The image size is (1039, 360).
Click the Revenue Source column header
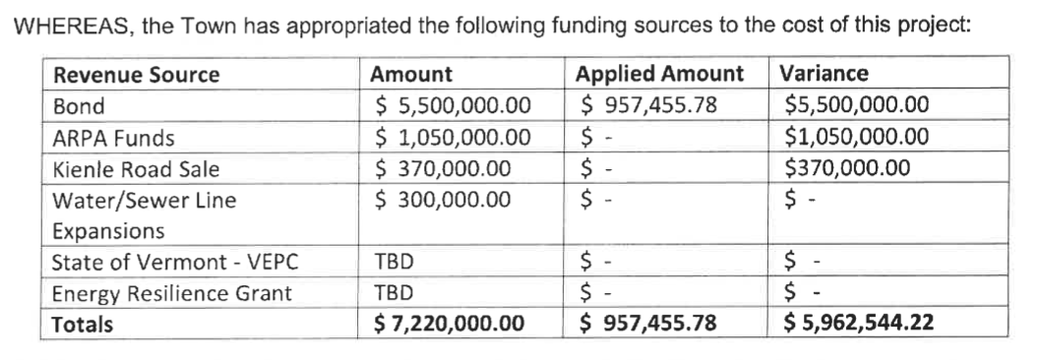[x=136, y=75]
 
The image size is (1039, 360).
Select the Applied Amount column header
[x=659, y=74]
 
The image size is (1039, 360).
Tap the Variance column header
[x=823, y=74]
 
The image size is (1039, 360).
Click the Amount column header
[x=410, y=75]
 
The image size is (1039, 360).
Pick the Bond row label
[x=78, y=106]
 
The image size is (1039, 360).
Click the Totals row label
[x=83, y=323]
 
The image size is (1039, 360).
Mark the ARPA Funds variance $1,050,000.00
[x=856, y=138]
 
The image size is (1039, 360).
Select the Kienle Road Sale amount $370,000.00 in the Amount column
[x=444, y=169]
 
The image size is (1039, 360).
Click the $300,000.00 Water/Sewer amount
[x=444, y=200]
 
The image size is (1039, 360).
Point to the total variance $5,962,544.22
[x=857, y=323]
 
